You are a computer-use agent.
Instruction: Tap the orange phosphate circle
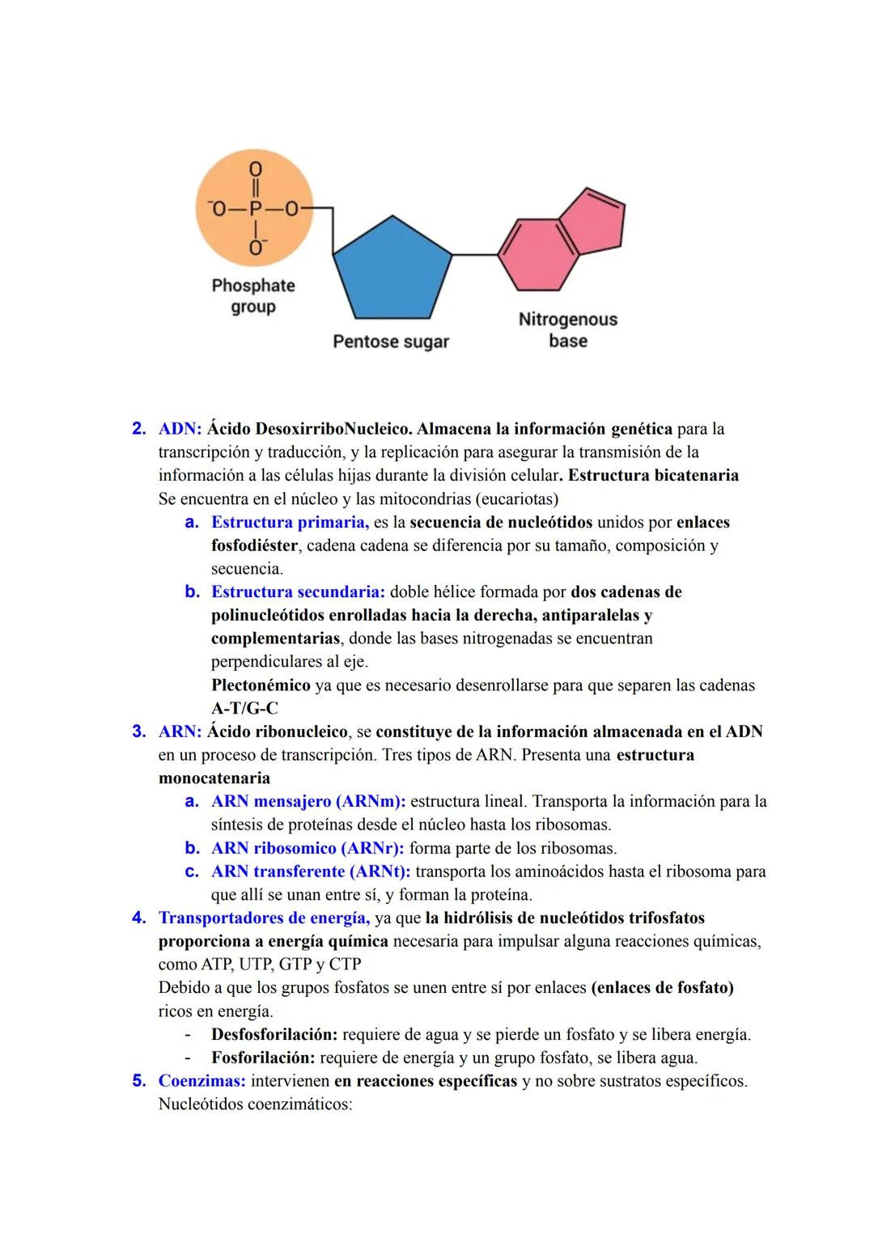point(254,210)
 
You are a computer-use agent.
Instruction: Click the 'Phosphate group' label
point(253,296)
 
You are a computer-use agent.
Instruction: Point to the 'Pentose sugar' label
point(391,341)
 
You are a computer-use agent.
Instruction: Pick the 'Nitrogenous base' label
point(568,330)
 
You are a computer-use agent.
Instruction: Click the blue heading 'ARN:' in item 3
point(180,732)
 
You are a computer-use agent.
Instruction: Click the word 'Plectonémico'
point(261,685)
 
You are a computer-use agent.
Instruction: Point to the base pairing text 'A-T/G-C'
point(244,709)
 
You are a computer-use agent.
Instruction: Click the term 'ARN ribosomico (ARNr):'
point(308,849)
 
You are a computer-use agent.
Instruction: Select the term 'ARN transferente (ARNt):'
point(311,872)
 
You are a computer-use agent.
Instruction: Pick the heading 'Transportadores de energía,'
point(264,918)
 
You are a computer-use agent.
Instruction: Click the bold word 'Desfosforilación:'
point(274,1035)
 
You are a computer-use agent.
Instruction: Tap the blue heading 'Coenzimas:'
point(202,1081)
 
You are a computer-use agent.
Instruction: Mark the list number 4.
point(138,918)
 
